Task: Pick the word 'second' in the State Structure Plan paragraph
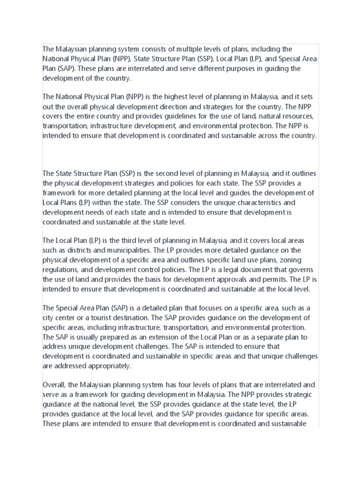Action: click(x=161, y=174)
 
